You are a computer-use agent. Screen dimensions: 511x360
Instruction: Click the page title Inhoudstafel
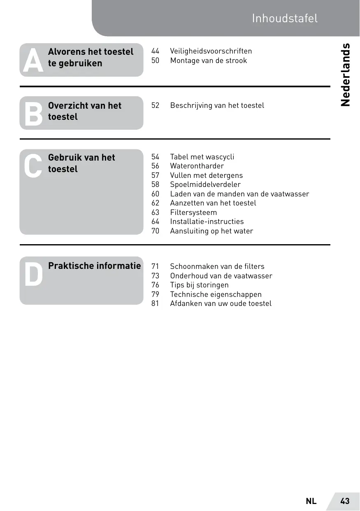point(285,19)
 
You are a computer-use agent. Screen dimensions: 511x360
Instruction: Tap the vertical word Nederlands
point(346,75)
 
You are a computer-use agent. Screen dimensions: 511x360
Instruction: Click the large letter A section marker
point(33,61)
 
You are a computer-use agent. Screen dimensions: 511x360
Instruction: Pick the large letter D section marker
point(33,274)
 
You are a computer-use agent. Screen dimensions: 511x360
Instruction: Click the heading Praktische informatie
point(94,266)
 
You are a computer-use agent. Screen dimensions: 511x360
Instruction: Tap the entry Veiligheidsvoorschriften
point(211,51)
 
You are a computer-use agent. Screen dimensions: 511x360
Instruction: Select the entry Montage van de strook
point(208,61)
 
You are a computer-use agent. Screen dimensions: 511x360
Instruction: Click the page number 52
point(155,105)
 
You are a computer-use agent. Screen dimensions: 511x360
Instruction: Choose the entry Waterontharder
point(197,166)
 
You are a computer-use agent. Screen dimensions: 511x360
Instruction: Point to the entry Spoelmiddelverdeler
point(205,184)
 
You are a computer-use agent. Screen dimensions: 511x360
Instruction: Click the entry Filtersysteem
point(193,212)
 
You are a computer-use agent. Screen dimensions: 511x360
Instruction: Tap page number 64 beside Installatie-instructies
point(155,222)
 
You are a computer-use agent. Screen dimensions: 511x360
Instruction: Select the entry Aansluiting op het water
point(211,231)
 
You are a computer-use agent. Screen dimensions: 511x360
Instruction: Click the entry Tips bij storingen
point(199,285)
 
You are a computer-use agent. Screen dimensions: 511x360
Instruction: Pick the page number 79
point(155,294)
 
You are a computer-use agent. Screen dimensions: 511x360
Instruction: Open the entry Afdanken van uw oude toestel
point(221,303)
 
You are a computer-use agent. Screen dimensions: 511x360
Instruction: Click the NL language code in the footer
point(311,501)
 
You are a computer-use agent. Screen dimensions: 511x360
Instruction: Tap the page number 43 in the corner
point(345,501)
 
